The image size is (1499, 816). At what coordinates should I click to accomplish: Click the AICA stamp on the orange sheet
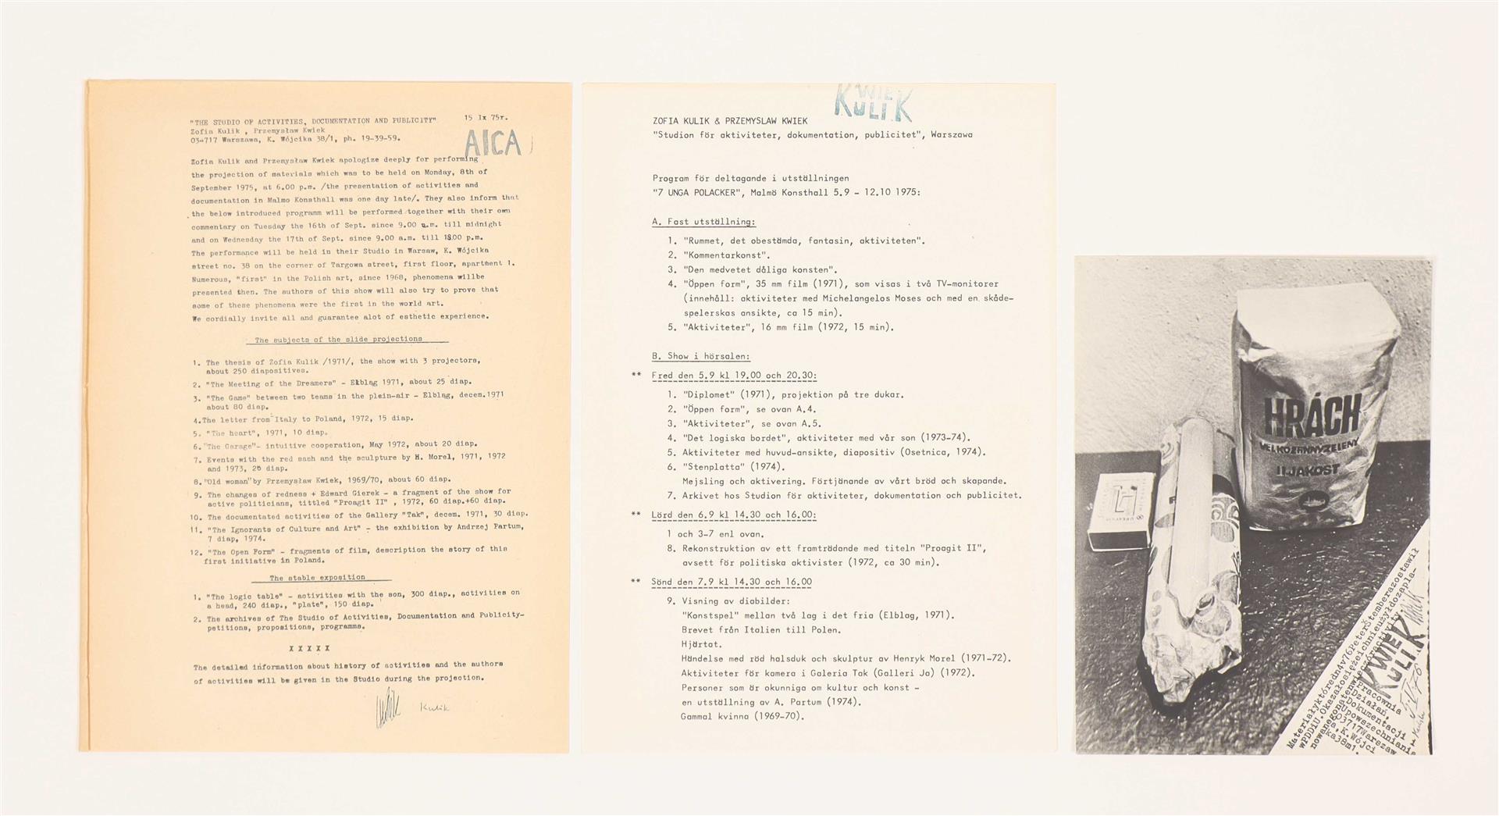[x=492, y=144]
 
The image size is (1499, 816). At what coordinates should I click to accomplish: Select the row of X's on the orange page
[x=309, y=648]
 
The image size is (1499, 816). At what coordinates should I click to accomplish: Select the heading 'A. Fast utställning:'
[x=703, y=222]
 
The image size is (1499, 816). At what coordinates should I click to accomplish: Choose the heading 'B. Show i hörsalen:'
[x=700, y=356]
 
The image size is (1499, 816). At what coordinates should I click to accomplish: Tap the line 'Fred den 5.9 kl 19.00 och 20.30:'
[x=734, y=376]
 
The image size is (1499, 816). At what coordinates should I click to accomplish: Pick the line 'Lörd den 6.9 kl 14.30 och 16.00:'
[x=734, y=515]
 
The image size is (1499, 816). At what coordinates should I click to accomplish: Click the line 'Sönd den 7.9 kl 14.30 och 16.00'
[x=732, y=582]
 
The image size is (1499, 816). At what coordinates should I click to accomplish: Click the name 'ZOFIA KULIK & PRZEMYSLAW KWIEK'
[x=730, y=121]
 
